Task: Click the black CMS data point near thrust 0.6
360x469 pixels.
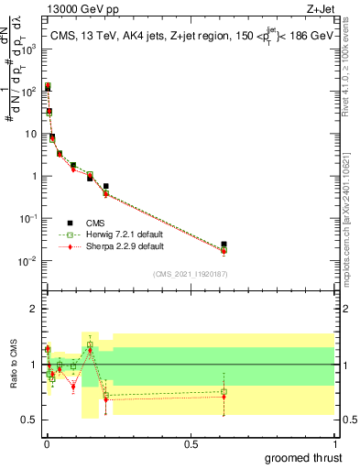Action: pyautogui.click(x=224, y=245)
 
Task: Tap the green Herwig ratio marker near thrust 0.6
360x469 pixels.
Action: pyautogui.click(x=224, y=392)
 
